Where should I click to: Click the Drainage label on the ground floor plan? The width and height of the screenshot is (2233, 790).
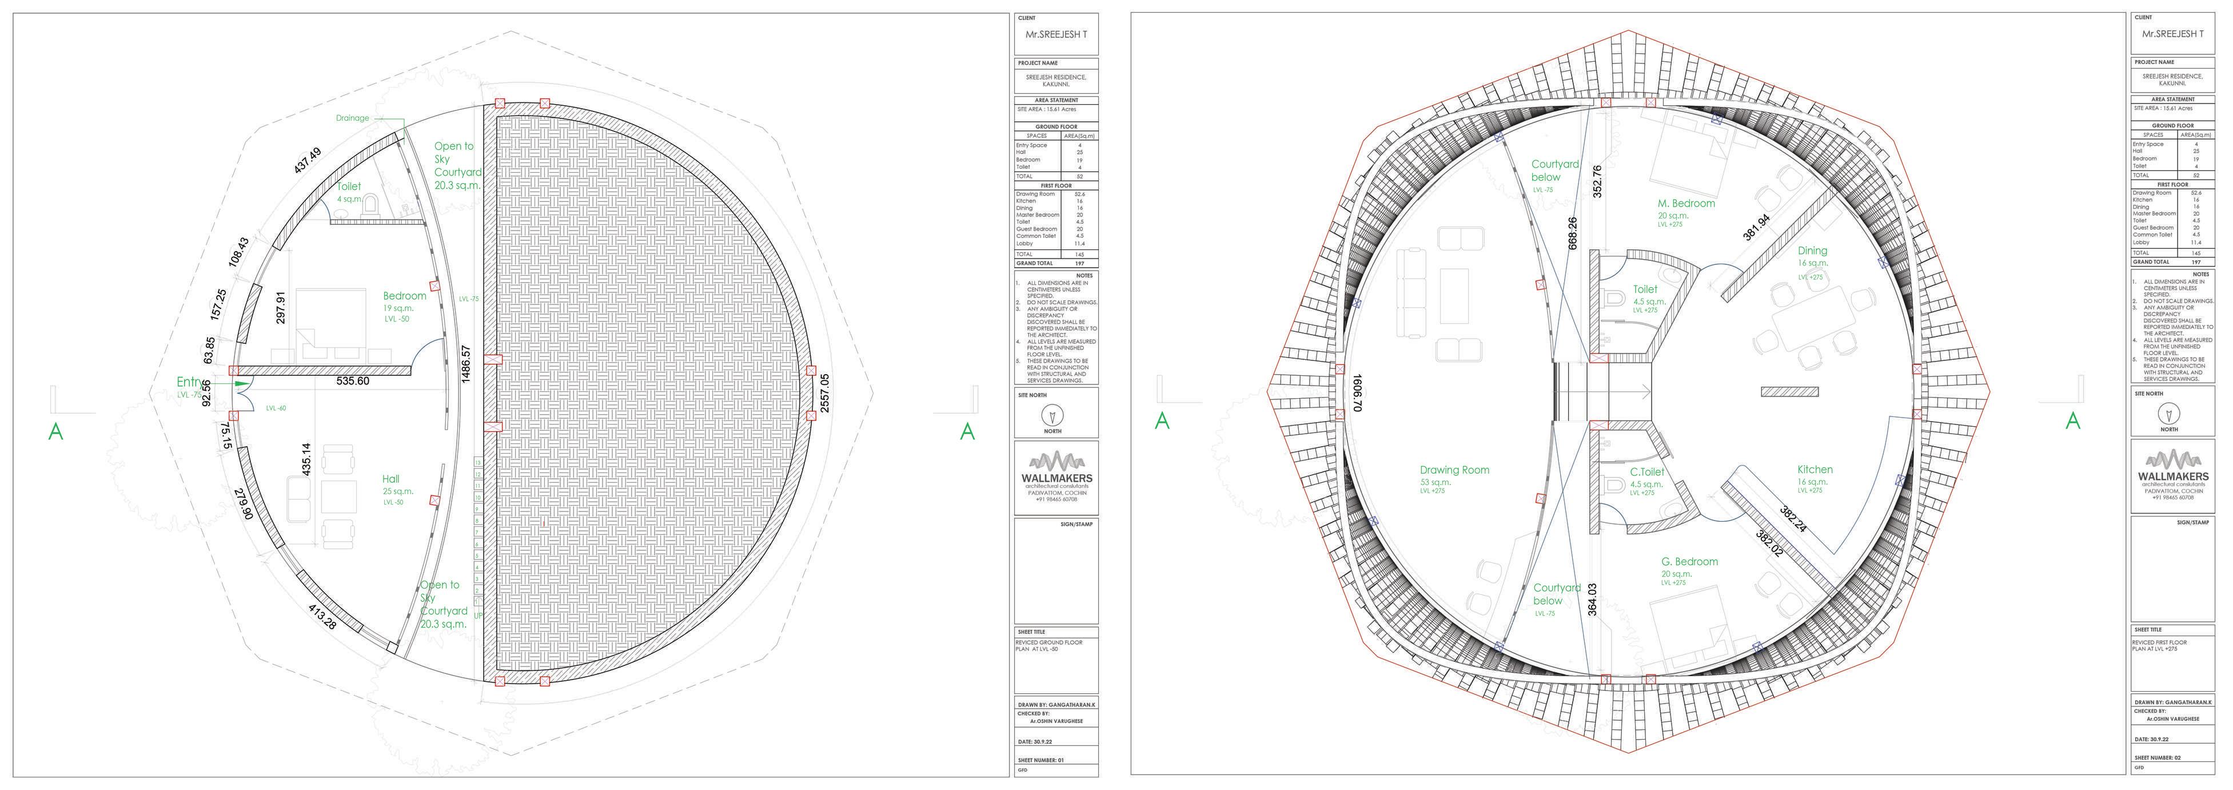(x=353, y=118)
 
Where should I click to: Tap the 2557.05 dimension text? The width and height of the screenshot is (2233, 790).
(x=824, y=393)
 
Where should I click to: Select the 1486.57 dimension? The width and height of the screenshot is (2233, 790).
(x=466, y=365)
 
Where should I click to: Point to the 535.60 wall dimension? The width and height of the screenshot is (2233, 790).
(x=353, y=380)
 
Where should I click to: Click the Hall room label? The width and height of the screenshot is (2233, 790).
(x=391, y=479)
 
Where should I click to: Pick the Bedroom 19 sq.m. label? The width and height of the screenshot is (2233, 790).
(x=404, y=296)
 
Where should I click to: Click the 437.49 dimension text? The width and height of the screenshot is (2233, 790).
(x=308, y=160)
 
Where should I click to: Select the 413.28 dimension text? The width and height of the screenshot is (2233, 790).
(x=322, y=617)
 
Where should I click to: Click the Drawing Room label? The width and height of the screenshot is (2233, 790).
(x=1454, y=470)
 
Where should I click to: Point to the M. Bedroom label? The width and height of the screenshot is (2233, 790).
(x=1686, y=204)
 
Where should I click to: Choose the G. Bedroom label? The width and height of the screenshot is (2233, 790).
(x=1689, y=562)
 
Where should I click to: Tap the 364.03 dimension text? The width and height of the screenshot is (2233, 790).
(x=1592, y=599)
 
